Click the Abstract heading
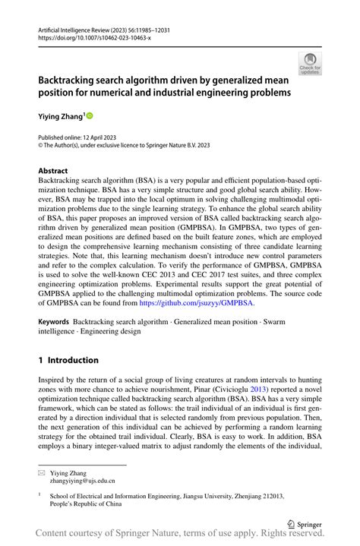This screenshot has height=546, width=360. tap(53, 171)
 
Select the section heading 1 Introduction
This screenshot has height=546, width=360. tap(68, 360)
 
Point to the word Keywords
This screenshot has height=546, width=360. tap(54, 322)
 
